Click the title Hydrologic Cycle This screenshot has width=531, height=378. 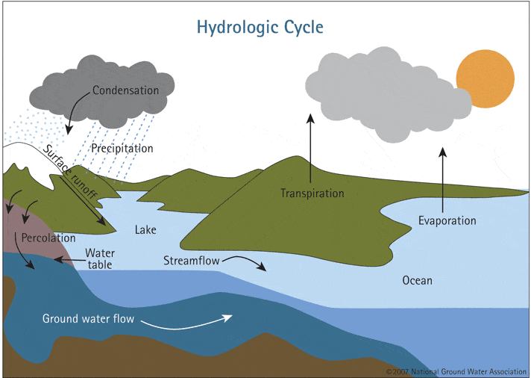point(260,28)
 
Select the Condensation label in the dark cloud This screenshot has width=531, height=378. point(125,90)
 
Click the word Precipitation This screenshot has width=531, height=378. point(122,148)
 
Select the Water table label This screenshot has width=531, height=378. point(99,258)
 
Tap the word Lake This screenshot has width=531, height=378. point(145,229)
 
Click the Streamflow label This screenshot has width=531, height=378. point(189,260)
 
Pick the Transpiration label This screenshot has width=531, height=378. point(312,193)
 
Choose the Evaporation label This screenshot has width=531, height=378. point(447,220)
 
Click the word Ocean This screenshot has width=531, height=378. point(417,280)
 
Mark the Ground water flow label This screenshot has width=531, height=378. point(88,319)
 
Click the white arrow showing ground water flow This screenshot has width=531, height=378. point(193,321)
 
